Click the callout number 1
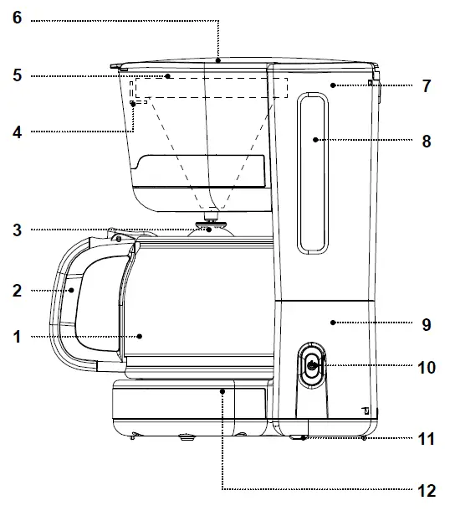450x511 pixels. coord(17,338)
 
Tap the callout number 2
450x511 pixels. coord(17,292)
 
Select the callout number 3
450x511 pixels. coord(17,230)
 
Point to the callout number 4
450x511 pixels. coord(17,131)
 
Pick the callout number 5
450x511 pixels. coord(17,75)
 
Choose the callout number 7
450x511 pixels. coord(426,86)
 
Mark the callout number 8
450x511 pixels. coord(426,142)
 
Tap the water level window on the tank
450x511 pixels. coord(314,172)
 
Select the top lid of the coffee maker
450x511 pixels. coord(243,62)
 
